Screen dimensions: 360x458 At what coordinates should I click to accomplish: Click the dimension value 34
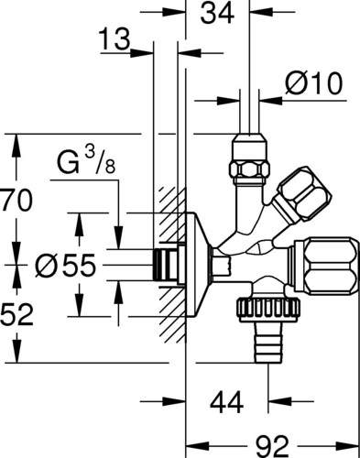[217, 14]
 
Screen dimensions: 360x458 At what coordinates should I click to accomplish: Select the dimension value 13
[115, 39]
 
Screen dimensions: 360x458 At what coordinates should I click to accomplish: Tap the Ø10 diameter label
[313, 83]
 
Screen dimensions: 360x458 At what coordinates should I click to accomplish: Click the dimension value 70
[16, 201]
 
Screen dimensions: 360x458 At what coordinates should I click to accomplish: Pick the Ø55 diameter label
[65, 266]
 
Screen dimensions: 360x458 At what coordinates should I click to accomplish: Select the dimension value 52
[16, 314]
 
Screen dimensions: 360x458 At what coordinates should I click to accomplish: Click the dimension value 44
[226, 402]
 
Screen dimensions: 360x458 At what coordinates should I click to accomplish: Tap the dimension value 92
[272, 447]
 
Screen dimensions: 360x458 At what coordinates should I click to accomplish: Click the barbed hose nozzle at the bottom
[268, 342]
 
